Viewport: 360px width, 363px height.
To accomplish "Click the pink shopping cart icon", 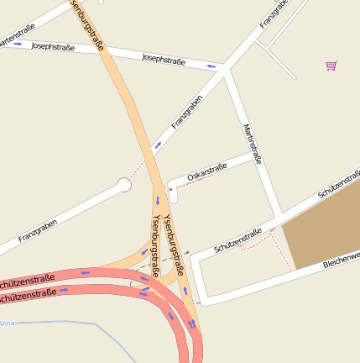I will point(331,66).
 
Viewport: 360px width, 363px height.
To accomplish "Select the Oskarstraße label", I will point(207,171).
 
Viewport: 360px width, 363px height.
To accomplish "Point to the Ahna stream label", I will point(7,323).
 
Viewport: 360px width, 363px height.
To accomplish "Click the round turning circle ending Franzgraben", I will point(124,184).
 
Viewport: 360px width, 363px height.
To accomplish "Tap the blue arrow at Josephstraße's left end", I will point(17,44).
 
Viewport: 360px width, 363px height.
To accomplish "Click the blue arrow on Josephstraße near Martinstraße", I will point(211,66).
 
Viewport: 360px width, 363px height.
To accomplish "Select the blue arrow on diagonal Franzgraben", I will point(157,145).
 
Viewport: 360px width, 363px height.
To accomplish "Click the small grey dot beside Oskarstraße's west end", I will point(170,189).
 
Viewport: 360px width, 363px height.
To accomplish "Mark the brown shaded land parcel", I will point(323,230).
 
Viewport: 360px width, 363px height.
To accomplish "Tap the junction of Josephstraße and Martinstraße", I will point(225,72).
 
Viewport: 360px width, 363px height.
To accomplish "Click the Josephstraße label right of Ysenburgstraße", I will point(164,59).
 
